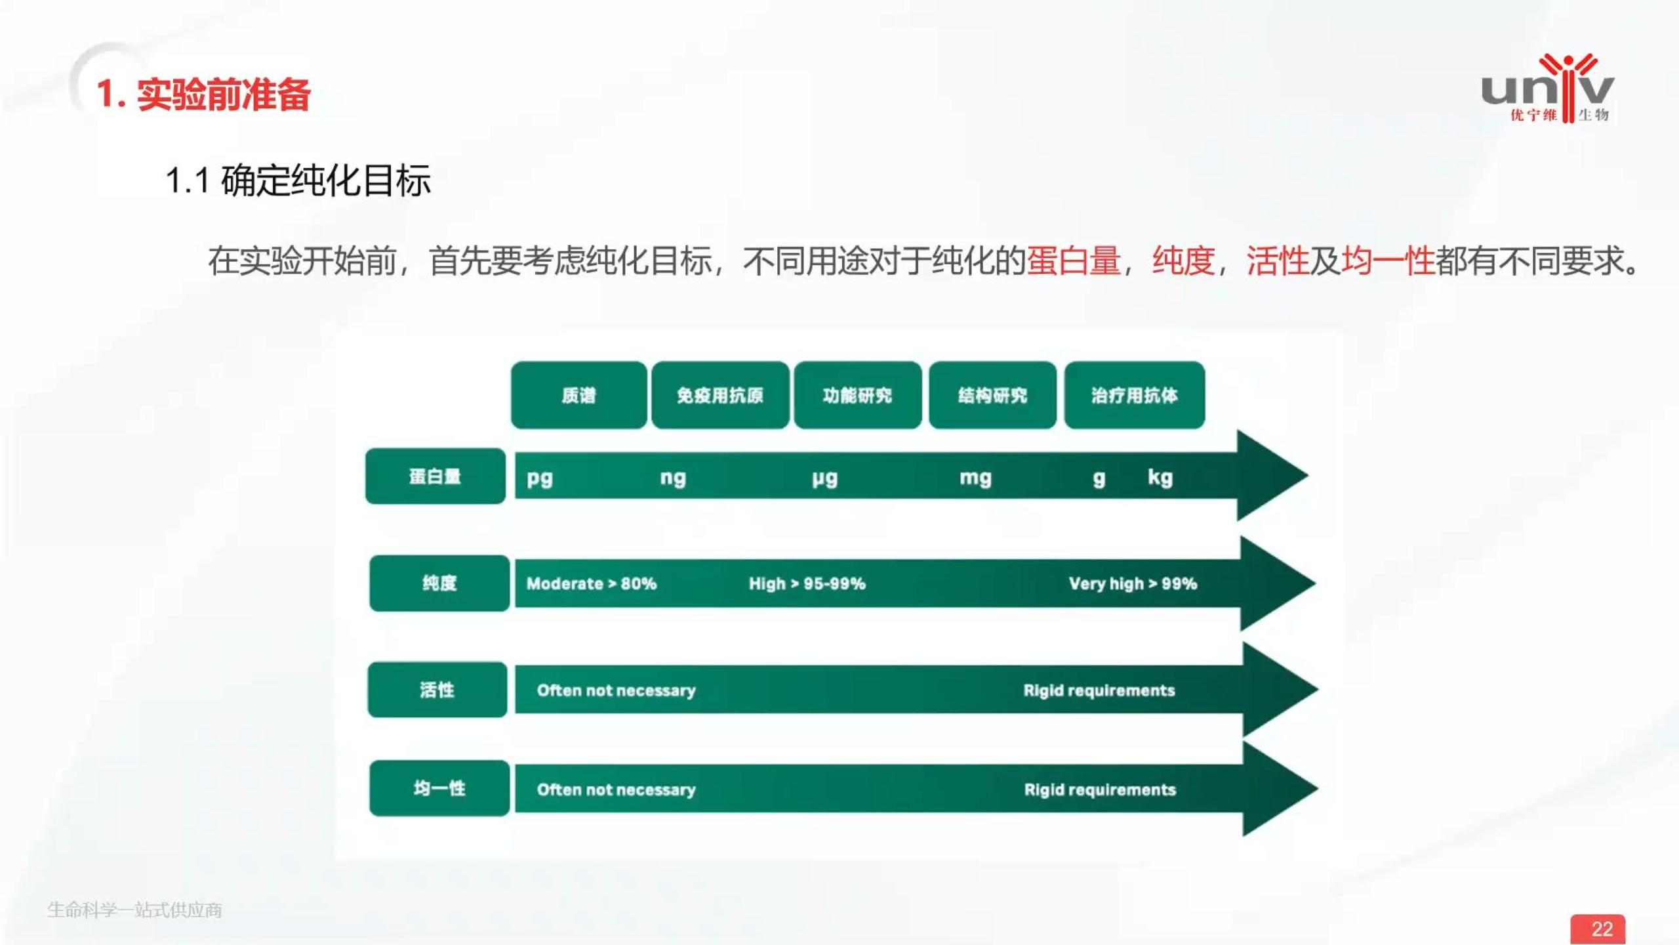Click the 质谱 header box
click(578, 395)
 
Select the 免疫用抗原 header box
click(720, 395)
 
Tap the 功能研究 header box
click(857, 395)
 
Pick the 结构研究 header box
click(992, 395)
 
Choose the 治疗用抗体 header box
click(1134, 395)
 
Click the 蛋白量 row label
click(435, 476)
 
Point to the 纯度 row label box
click(439, 583)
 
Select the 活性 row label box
click(437, 690)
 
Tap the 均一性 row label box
click(439, 788)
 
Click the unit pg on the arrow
click(540, 478)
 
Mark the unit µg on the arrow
click(824, 478)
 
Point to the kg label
click(1160, 477)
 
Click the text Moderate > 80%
click(591, 583)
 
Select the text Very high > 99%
click(1133, 583)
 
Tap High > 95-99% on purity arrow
click(807, 583)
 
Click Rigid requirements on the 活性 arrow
click(1099, 690)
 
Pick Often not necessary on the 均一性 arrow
click(616, 789)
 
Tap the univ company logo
click(1548, 89)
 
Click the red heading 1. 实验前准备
click(203, 94)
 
